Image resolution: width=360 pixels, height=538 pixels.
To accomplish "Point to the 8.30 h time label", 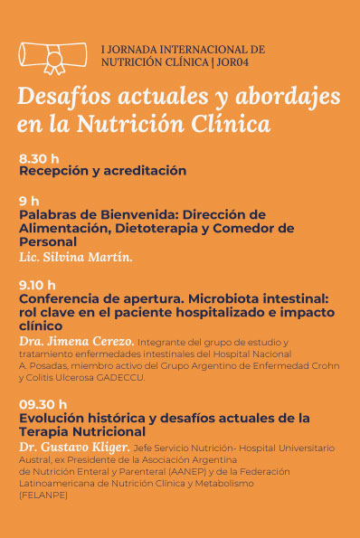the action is tap(39, 159).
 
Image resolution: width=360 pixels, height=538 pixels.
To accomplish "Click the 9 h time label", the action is tap(29, 201).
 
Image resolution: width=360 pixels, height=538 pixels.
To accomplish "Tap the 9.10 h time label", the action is tap(37, 284).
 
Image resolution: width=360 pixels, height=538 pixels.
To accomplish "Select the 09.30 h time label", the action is tap(43, 403).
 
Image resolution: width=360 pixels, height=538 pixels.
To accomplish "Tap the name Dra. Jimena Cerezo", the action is tap(76, 342).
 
